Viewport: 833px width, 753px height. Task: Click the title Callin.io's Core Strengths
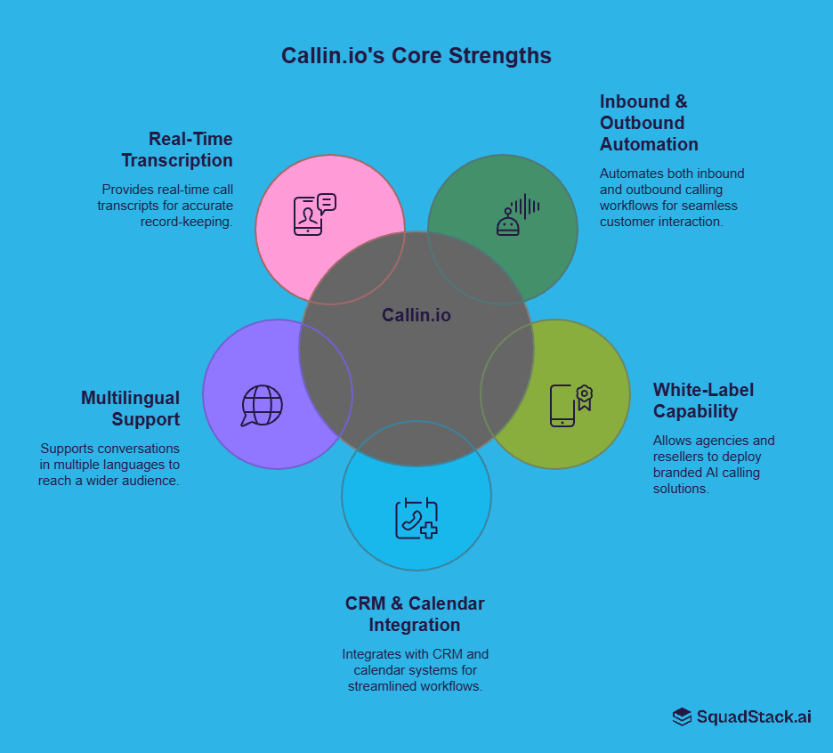point(416,55)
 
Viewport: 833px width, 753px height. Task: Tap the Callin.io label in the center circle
point(416,315)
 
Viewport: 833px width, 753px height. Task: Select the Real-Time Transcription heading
point(177,150)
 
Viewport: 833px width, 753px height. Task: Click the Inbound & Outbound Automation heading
point(649,123)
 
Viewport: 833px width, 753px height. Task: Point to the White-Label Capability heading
point(703,401)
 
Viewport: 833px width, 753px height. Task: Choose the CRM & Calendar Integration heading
point(415,614)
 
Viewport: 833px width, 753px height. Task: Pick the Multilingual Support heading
point(130,409)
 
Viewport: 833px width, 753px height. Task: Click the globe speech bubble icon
point(263,405)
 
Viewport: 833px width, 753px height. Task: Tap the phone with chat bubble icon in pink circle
point(314,215)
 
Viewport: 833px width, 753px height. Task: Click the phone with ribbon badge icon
point(570,405)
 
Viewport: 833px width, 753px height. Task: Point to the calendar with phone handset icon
point(416,518)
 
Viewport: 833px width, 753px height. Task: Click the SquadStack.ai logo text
point(753,717)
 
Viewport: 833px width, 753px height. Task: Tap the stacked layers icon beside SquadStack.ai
point(682,717)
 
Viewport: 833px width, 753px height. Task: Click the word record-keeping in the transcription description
point(186,222)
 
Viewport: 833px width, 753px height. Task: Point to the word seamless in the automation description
point(712,206)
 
